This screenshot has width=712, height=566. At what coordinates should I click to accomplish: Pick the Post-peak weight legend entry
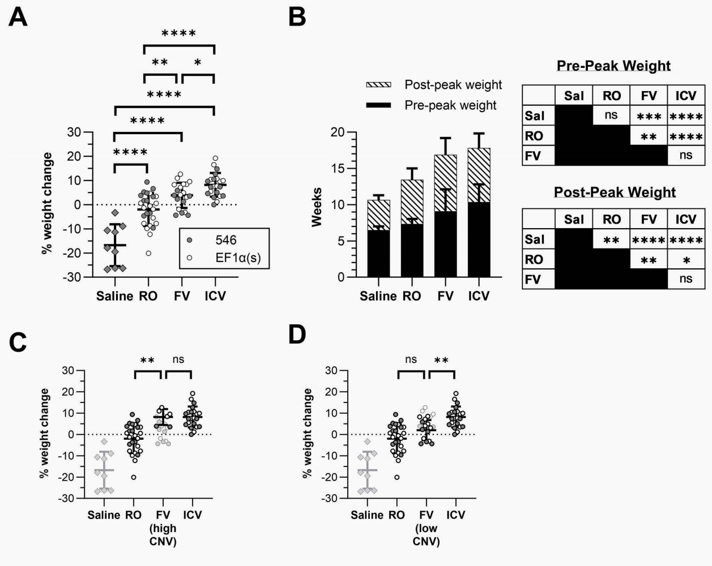coord(453,85)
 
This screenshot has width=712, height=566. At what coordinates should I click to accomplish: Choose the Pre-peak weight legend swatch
coord(379,106)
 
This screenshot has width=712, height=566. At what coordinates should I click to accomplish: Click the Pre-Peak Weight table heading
coord(613,66)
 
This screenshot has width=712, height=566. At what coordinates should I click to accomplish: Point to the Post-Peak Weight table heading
coord(615,192)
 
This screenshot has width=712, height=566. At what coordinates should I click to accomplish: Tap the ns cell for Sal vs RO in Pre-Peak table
coord(611,115)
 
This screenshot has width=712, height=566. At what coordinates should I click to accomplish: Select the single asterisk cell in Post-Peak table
coord(685,259)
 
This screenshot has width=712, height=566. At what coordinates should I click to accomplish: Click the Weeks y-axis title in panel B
coord(317,207)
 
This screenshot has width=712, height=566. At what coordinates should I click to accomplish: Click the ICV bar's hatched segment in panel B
coord(479,175)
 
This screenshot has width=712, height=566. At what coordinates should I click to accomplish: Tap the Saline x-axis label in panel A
coord(114,296)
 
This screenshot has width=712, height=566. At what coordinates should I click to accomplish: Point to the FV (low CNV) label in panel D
coord(426,528)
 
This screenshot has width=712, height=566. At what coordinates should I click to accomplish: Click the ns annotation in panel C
coord(178,359)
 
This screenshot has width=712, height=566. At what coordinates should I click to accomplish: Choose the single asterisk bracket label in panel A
coord(197,63)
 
